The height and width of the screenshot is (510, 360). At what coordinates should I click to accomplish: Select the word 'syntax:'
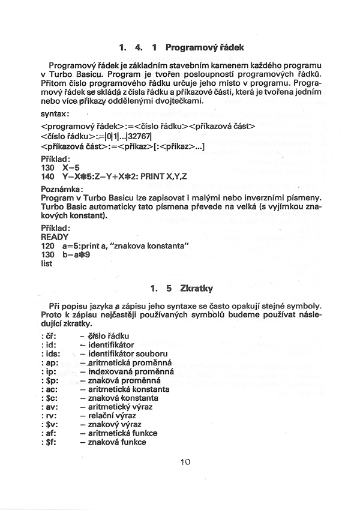[x=56, y=113]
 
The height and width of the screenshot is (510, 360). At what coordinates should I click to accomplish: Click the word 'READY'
[x=55, y=236]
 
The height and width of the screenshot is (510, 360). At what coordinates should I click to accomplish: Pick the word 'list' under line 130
[x=47, y=263]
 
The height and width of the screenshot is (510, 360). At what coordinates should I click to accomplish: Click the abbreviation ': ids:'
[x=51, y=354]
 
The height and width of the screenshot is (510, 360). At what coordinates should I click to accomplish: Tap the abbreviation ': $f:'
[x=50, y=442]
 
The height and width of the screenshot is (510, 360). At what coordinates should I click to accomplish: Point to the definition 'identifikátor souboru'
[x=127, y=354]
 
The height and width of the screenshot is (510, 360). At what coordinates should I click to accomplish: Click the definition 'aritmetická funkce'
[x=122, y=433]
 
